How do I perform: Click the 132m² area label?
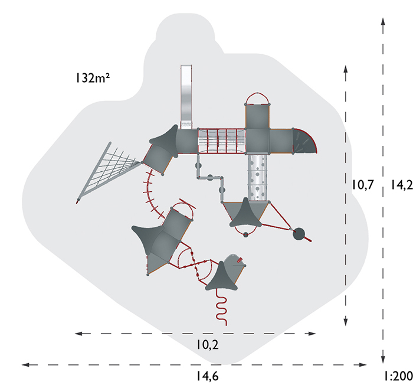click(x=93, y=78)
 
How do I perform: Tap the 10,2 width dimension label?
click(x=208, y=344)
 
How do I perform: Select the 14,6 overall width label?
click(x=208, y=376)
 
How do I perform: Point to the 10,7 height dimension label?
click(x=363, y=185)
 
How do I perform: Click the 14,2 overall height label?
click(x=401, y=185)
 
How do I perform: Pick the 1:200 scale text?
click(x=398, y=376)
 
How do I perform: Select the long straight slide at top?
click(x=186, y=97)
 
